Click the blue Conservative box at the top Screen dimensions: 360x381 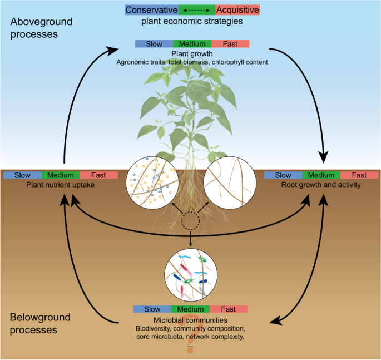point(151,9)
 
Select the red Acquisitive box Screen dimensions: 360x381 point(237,9)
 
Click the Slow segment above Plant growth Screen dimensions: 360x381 point(154,43)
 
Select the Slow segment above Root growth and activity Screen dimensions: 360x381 point(283,175)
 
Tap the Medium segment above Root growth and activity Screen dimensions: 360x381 point(321,175)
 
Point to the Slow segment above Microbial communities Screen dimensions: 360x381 point(152,309)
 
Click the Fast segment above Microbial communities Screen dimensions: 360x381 point(229,309)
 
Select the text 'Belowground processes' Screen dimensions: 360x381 point(41,323)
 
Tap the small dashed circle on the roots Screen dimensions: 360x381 point(191,222)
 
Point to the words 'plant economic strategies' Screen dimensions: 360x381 point(192,22)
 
